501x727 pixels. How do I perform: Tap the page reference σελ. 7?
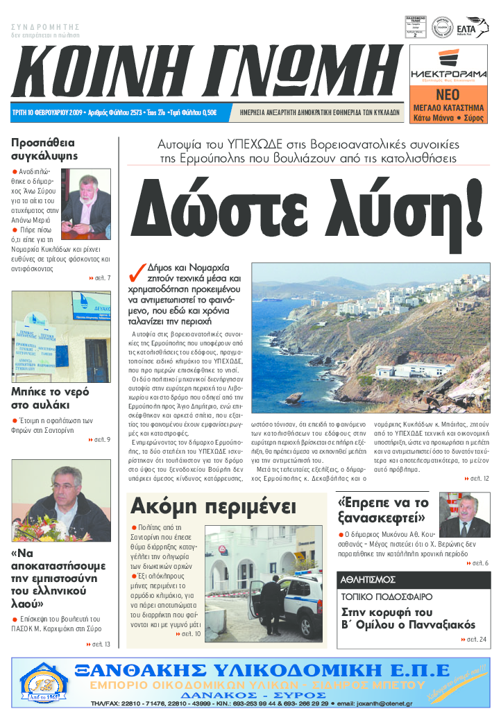coord(101,278)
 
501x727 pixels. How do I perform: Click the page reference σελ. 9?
coord(101,439)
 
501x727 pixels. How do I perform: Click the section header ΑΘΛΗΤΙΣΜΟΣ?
coord(368,579)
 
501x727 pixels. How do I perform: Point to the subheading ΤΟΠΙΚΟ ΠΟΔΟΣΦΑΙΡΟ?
coord(387,596)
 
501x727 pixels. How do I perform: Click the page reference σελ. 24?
coord(475,639)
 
